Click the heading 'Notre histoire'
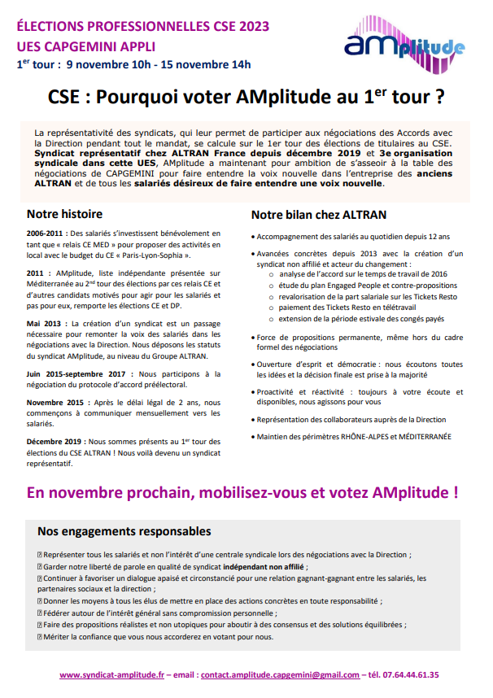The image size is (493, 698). click(x=65, y=215)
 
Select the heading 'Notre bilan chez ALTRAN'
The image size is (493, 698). click(x=318, y=216)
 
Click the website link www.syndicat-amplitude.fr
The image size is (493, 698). click(x=112, y=674)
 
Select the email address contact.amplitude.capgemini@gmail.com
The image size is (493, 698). click(x=280, y=674)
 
